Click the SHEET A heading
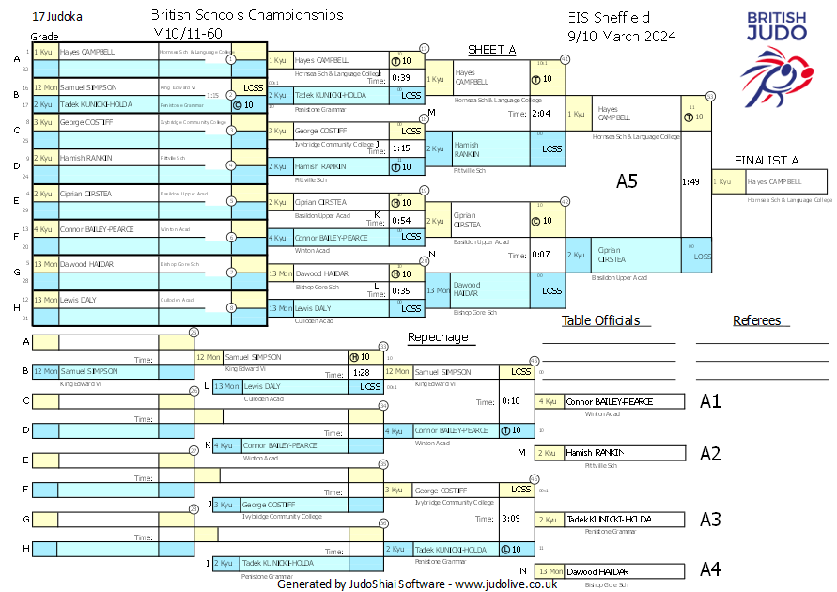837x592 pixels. pyautogui.click(x=492, y=50)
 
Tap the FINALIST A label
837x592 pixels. pyautogui.click(x=767, y=160)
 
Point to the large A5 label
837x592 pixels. pyautogui.click(x=627, y=181)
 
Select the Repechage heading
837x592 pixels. pyautogui.click(x=437, y=336)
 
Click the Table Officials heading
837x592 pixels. pyautogui.click(x=600, y=320)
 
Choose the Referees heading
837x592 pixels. pyautogui.click(x=756, y=320)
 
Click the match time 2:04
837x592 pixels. pyautogui.click(x=541, y=114)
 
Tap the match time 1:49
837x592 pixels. pyautogui.click(x=690, y=182)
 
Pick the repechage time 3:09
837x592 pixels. pyautogui.click(x=511, y=518)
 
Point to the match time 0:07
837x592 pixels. pyautogui.click(x=541, y=255)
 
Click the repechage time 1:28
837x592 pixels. pyautogui.click(x=361, y=373)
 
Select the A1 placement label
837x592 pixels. pyautogui.click(x=710, y=401)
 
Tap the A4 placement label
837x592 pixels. pyautogui.click(x=710, y=569)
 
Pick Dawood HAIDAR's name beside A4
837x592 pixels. pyautogui.click(x=597, y=571)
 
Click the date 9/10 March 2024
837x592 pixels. pyautogui.click(x=622, y=37)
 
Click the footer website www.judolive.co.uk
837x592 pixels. pyautogui.click(x=506, y=584)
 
